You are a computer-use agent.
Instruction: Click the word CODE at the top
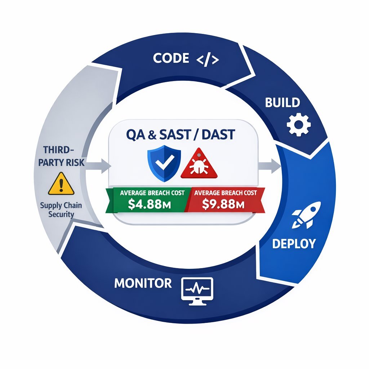(171, 58)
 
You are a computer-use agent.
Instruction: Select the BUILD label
(283, 103)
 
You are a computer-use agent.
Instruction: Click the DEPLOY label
(294, 244)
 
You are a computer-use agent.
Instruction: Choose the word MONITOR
(143, 283)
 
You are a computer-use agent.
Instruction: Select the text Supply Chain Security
(61, 210)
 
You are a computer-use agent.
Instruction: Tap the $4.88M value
(149, 205)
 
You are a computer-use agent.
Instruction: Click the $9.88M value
(223, 205)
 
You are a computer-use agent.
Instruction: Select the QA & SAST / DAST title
(181, 135)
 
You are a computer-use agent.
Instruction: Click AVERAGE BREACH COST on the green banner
(152, 193)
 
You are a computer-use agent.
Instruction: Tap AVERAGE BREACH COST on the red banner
(225, 193)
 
